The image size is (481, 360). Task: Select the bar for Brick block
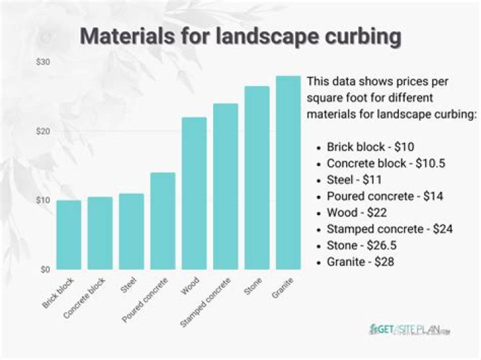click(x=68, y=234)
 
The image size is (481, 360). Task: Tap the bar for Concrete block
click(x=100, y=233)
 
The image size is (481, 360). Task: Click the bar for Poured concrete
click(x=162, y=221)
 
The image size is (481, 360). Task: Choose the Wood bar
click(x=194, y=193)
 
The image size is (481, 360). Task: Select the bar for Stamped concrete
click(x=225, y=186)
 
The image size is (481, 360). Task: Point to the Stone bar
click(x=257, y=178)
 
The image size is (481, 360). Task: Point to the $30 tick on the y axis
click(x=43, y=62)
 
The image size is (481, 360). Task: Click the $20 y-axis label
click(x=43, y=132)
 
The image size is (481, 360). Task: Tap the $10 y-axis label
click(x=43, y=200)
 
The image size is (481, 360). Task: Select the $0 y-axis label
click(x=45, y=270)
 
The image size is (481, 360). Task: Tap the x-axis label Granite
click(x=281, y=288)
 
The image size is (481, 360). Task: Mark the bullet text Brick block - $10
click(x=373, y=147)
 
